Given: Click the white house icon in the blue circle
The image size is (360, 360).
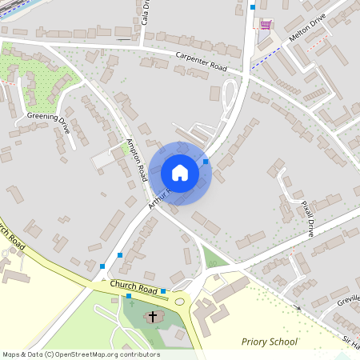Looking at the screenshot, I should click(180, 173).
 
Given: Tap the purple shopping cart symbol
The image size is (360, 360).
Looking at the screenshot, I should click(266, 24).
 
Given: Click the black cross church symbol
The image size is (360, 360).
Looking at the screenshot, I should click(152, 317).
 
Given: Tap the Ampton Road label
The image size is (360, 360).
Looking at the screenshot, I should click(135, 158).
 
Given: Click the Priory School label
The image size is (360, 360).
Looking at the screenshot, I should click(270, 342).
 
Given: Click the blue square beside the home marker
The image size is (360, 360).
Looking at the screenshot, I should click(206, 162).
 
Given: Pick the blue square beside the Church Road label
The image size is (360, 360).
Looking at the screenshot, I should click(163, 291).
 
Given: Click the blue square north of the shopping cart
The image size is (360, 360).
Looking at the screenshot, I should click(253, 7).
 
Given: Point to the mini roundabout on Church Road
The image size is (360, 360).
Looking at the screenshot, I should click(180, 302).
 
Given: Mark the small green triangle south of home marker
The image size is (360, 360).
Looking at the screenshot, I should click(210, 258).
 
